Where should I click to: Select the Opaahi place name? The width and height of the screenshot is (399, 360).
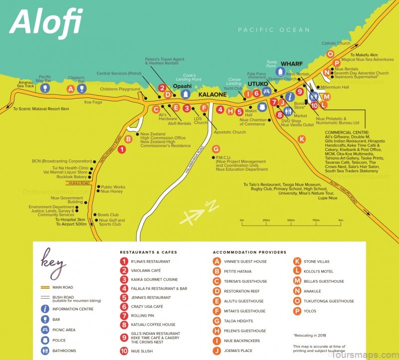tap(185, 85)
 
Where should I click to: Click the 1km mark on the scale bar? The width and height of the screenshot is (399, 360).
tap(340, 220)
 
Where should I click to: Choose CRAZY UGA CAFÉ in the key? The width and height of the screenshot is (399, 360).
tap(150, 306)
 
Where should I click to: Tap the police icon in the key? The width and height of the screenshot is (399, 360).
tap(45, 341)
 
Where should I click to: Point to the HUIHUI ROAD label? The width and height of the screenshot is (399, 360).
tap(78, 183)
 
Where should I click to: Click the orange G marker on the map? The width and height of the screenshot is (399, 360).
tap(215, 149)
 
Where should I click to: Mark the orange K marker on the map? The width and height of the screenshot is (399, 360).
tap(301, 139)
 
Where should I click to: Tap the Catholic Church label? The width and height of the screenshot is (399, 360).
tap(336, 43)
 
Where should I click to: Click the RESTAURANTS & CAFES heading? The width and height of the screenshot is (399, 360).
tap(148, 252)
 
